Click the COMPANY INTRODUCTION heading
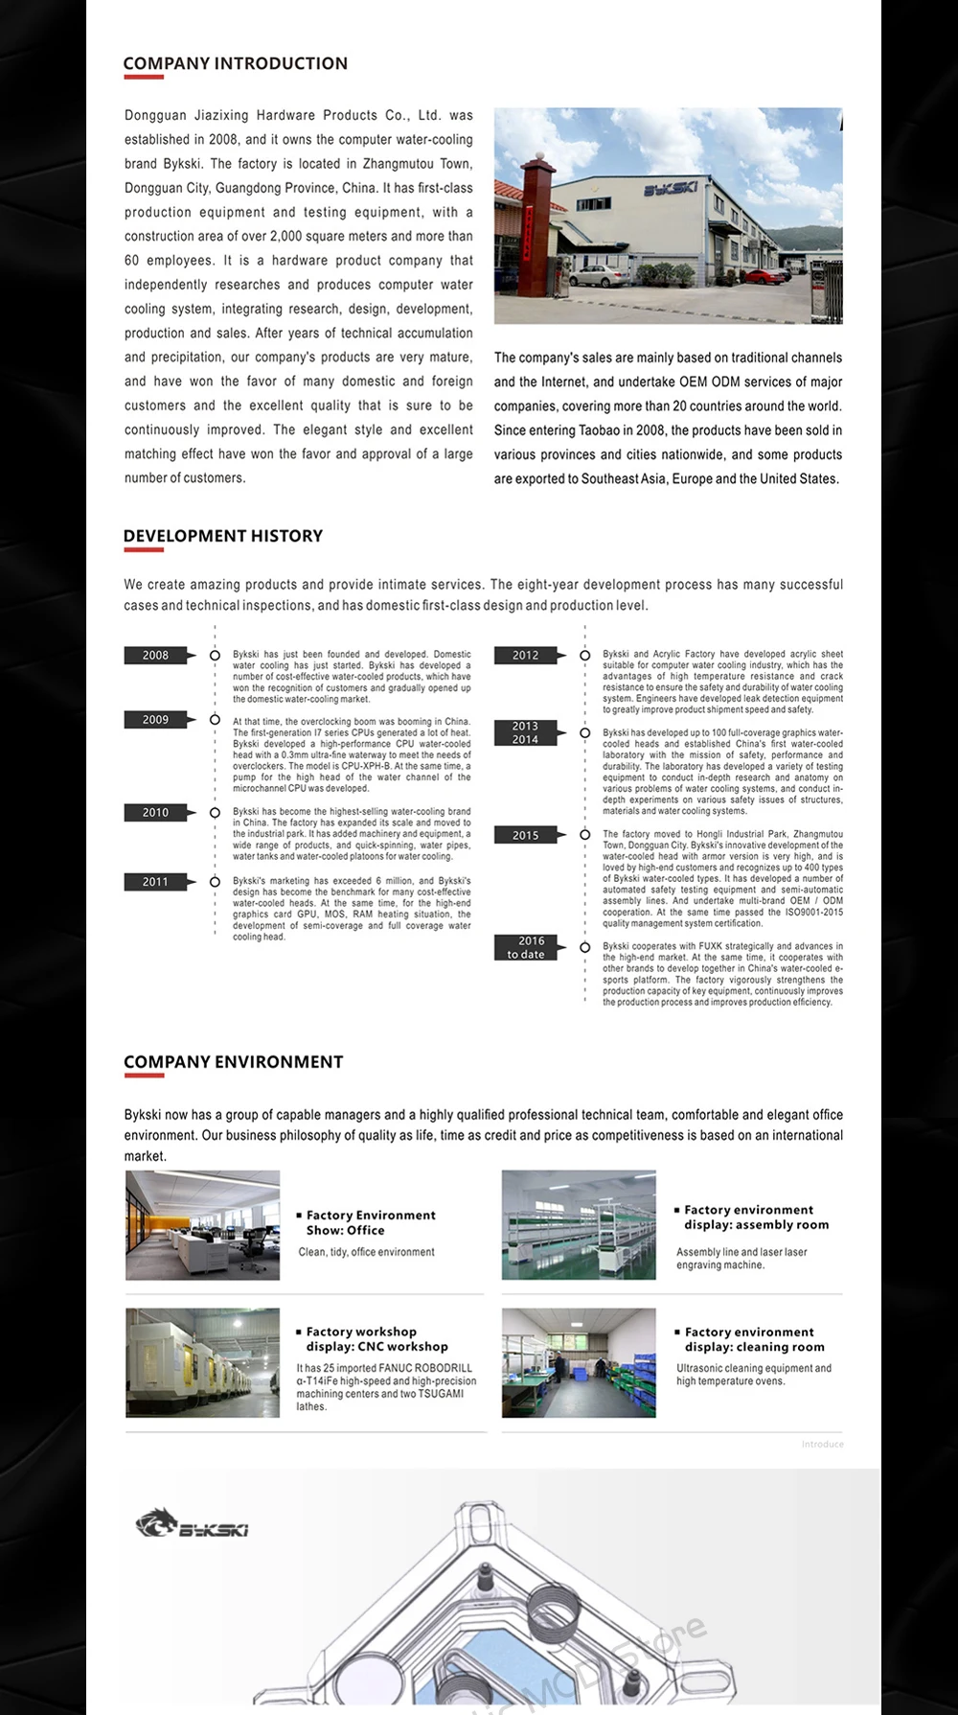(x=235, y=64)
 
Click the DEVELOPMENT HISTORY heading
(x=223, y=536)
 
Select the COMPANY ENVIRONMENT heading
(x=233, y=1062)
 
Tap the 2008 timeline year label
(x=156, y=656)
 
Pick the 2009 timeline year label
(x=156, y=720)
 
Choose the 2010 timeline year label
(x=156, y=813)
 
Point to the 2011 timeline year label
(x=156, y=882)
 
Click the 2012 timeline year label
(x=526, y=656)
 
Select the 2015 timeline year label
(x=526, y=836)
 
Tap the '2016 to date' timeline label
(x=526, y=948)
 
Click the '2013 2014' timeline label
(x=526, y=733)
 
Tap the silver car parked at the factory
(x=594, y=277)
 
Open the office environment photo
(x=203, y=1225)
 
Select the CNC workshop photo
(x=203, y=1363)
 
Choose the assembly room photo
(x=579, y=1225)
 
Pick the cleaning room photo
(x=579, y=1363)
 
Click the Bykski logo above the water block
(x=192, y=1525)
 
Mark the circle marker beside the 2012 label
(x=584, y=656)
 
